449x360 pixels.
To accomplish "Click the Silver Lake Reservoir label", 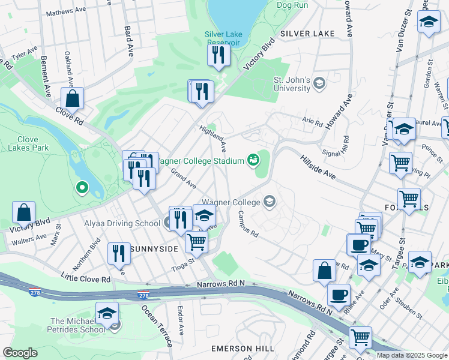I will pyautogui.click(x=222, y=38).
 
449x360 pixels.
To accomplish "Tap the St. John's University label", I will pyautogui.click(x=292, y=84).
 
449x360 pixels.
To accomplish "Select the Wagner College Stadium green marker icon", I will pyautogui.click(x=253, y=160).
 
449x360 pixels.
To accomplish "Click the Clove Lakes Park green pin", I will pyautogui.click(x=82, y=188).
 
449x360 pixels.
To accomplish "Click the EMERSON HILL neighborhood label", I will pyautogui.click(x=243, y=349).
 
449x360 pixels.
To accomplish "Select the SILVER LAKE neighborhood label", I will pyautogui.click(x=307, y=34).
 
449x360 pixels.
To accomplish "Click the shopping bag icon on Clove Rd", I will pyautogui.click(x=72, y=98).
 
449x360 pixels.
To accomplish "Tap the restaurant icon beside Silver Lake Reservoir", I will pyautogui.click(x=218, y=55).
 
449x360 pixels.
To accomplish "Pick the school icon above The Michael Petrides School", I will pyautogui.click(x=107, y=314).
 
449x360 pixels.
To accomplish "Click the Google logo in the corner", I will pyautogui.click(x=20, y=353).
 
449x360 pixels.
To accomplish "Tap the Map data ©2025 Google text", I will pyautogui.click(x=412, y=355).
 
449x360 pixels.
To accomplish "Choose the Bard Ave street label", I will pyautogui.click(x=127, y=39).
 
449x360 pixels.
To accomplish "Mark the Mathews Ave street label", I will pyautogui.click(x=66, y=11).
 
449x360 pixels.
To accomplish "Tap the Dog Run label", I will pyautogui.click(x=292, y=5).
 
